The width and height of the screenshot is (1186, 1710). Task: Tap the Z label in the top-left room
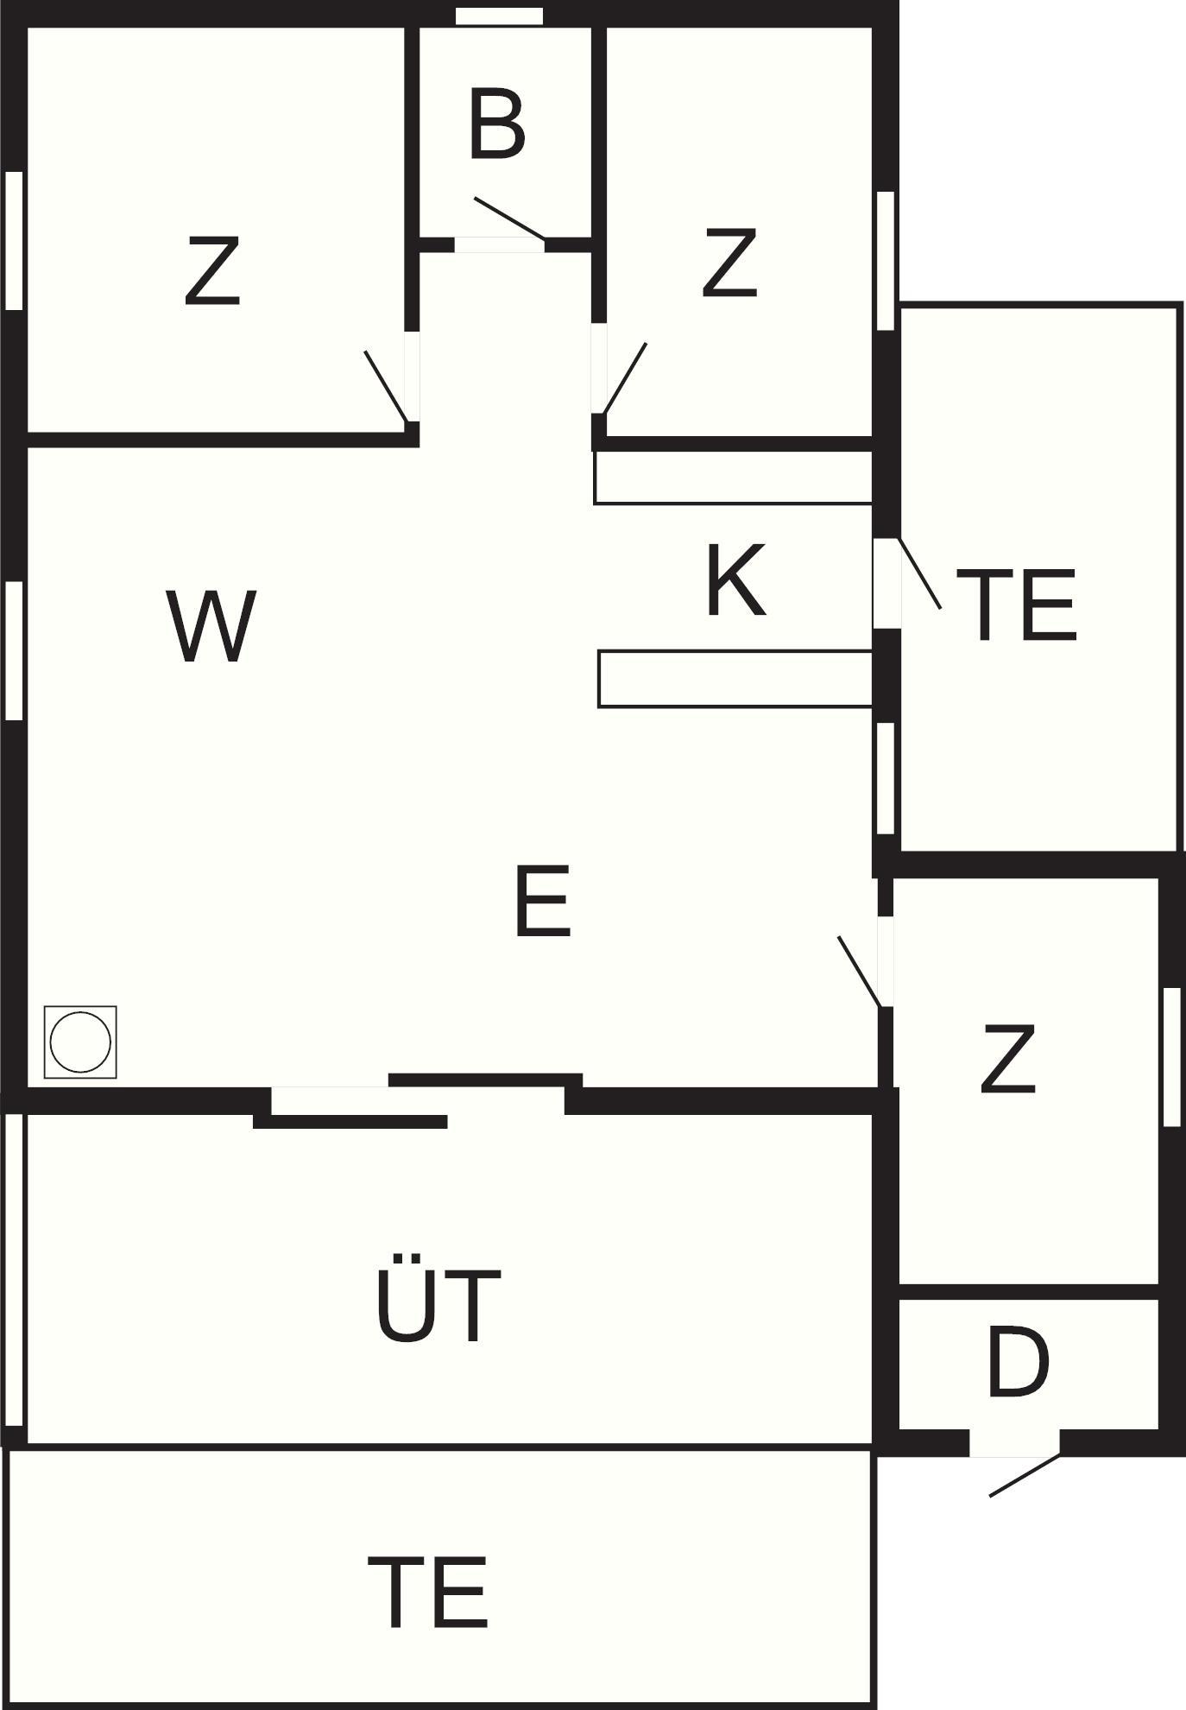point(212,273)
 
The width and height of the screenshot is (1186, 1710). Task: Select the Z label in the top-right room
point(730,263)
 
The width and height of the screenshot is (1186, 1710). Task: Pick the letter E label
point(543,902)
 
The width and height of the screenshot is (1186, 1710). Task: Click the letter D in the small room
point(1018,1365)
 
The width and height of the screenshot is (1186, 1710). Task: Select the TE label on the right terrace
point(1017,605)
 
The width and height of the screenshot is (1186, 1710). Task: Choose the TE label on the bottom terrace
point(428,1592)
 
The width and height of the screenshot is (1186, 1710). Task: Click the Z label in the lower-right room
point(1008,1060)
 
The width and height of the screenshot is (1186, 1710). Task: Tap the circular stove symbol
point(80,1042)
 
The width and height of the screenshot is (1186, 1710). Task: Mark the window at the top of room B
point(500,16)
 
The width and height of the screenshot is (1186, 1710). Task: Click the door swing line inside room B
point(510,218)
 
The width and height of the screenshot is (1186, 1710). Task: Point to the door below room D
point(1025,1475)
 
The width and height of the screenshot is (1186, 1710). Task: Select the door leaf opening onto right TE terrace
point(920,573)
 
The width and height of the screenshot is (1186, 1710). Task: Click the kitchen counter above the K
point(733,477)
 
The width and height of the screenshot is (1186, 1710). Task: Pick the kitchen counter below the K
point(735,680)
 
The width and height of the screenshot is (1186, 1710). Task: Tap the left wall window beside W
point(14,650)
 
